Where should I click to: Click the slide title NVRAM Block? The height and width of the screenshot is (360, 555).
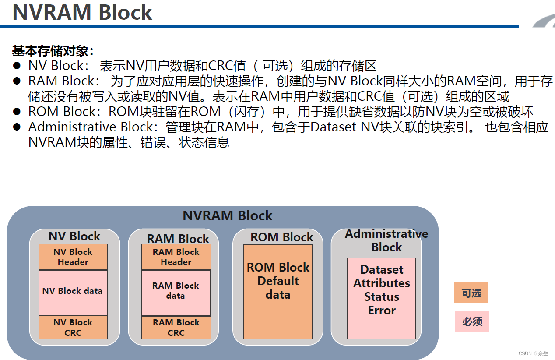click(x=82, y=12)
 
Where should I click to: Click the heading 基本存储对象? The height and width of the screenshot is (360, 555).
click(x=53, y=51)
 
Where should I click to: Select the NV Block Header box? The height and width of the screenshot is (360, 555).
click(x=73, y=257)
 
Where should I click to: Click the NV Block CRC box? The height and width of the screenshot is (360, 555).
click(x=73, y=328)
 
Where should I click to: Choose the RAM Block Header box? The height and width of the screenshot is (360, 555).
click(x=176, y=257)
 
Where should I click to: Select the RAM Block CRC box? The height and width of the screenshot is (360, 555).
click(x=176, y=328)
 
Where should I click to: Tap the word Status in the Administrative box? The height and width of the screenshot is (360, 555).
click(x=382, y=297)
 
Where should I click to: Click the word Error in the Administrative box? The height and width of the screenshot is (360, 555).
click(x=382, y=311)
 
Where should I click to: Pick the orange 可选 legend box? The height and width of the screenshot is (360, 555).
click(x=471, y=293)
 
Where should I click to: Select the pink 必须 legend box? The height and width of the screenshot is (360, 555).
click(x=472, y=321)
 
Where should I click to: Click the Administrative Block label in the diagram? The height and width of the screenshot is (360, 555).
click(x=386, y=240)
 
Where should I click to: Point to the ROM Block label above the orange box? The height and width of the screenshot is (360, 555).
click(x=281, y=237)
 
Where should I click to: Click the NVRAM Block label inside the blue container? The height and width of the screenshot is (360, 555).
click(x=227, y=216)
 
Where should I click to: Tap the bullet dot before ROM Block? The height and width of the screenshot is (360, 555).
click(x=17, y=111)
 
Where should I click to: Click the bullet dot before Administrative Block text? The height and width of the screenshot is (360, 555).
click(x=17, y=127)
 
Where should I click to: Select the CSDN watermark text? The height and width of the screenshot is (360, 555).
click(x=533, y=353)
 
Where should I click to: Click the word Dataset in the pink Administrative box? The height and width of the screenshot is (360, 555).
click(x=382, y=270)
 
